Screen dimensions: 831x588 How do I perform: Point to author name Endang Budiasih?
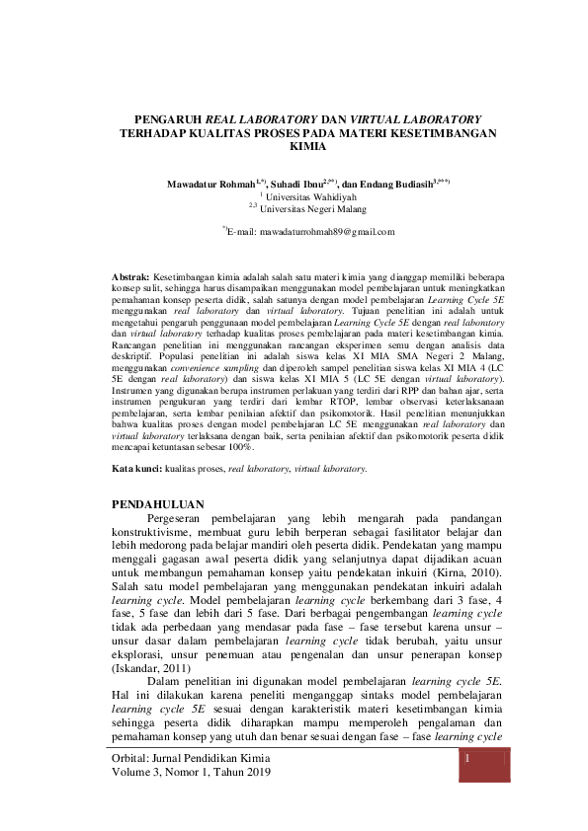pos(390,185)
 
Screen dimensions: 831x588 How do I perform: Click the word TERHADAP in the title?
pos(153,131)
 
